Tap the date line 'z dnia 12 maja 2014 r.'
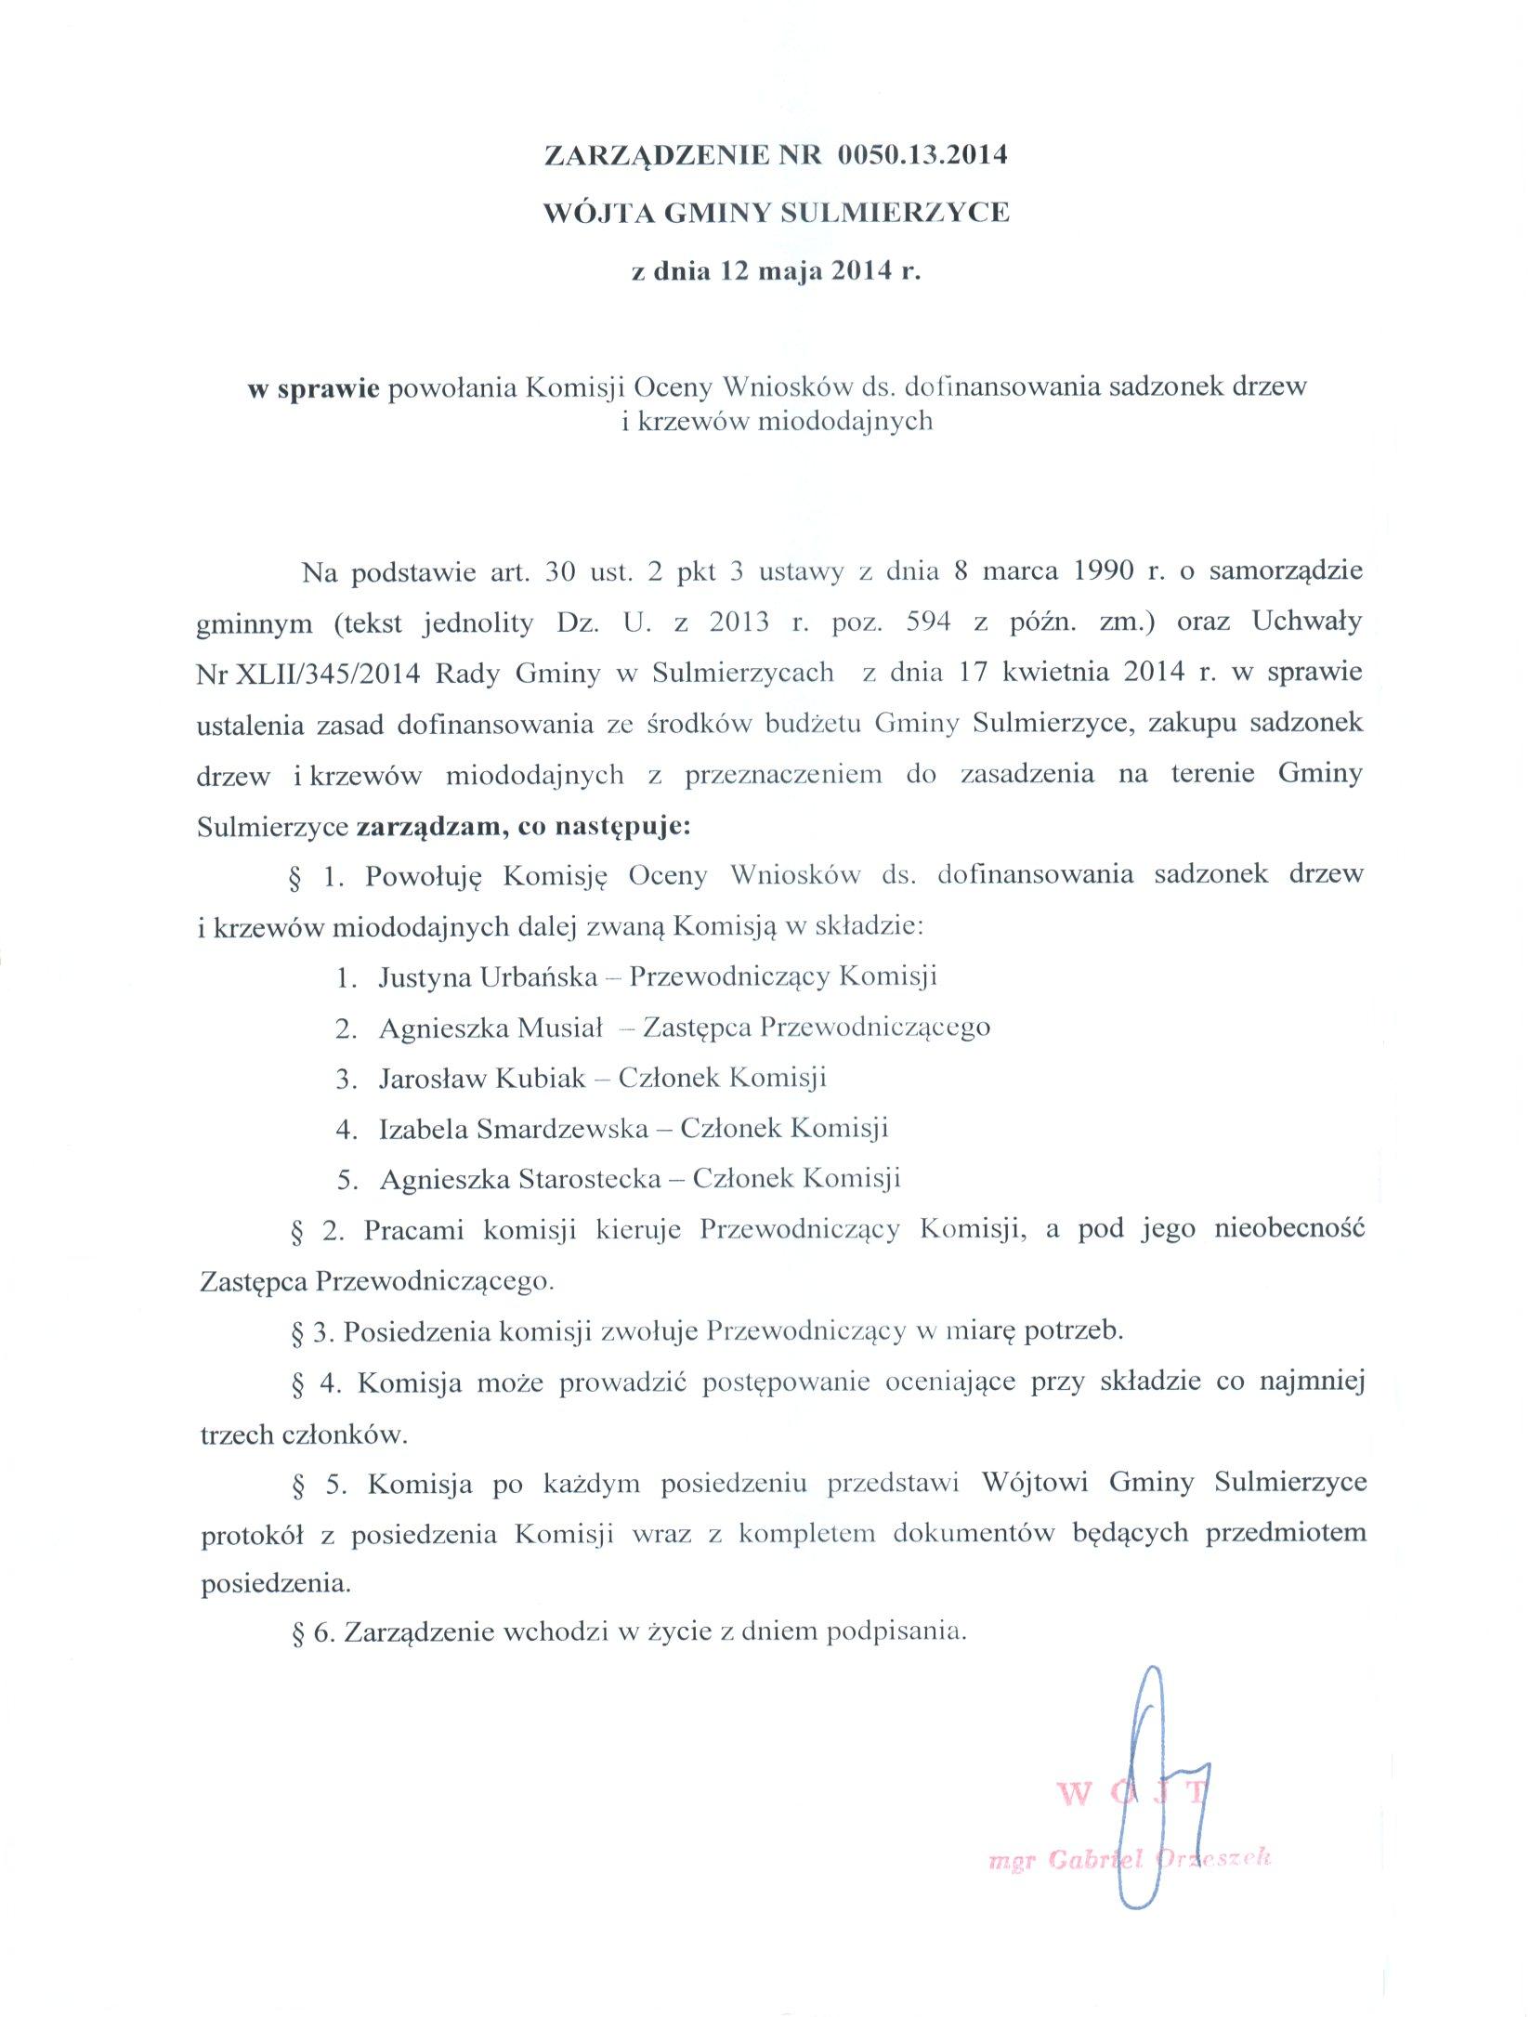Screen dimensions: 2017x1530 775,273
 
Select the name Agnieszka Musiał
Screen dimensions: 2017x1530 491,1028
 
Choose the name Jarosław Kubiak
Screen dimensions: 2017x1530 482,1079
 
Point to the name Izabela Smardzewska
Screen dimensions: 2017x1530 514,1129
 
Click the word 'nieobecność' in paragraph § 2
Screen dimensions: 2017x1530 1288,1231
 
